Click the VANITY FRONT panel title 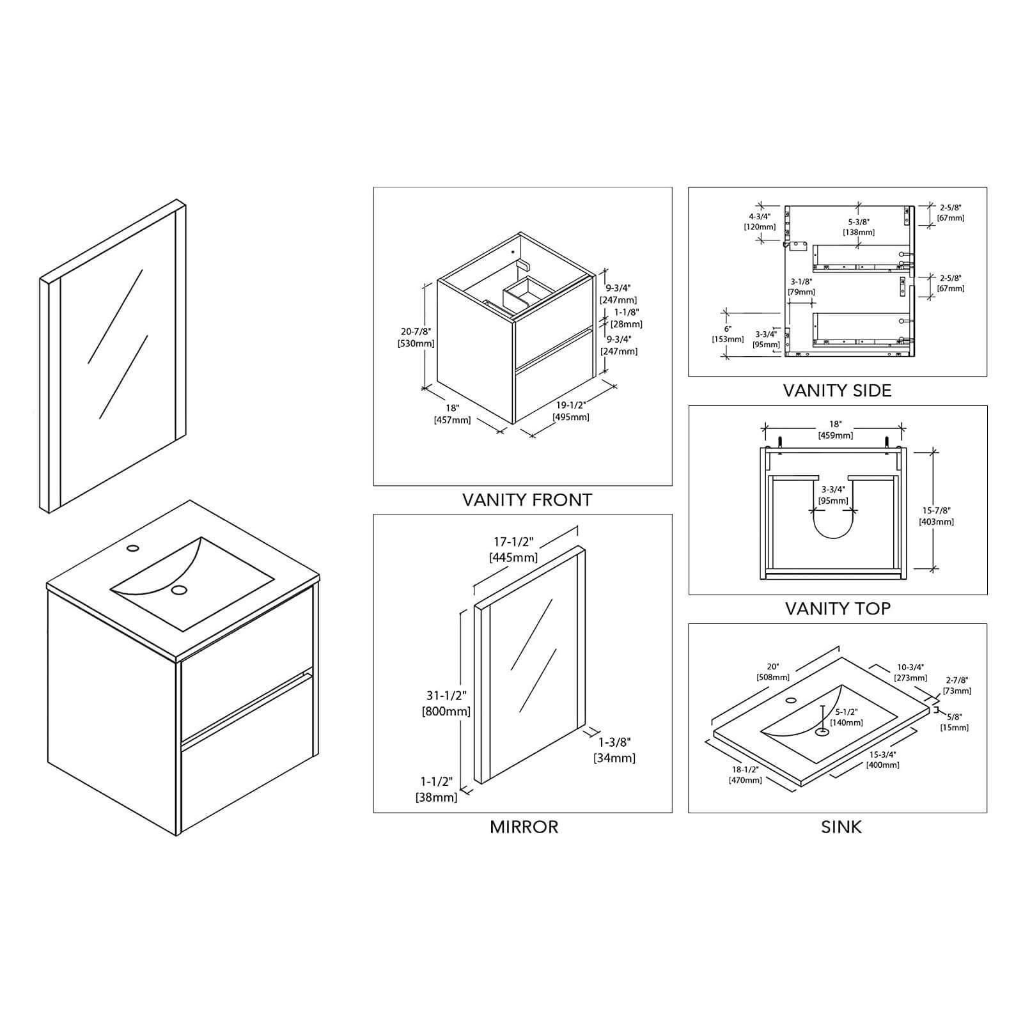(x=527, y=500)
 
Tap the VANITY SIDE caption (x=837, y=391)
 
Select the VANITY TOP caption (x=837, y=609)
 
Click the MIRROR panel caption (x=524, y=827)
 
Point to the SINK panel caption (x=841, y=827)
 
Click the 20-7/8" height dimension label (x=416, y=332)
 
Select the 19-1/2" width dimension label (x=571, y=405)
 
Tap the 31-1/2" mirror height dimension (x=446, y=695)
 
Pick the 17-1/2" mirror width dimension (x=513, y=542)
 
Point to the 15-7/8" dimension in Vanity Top (x=936, y=510)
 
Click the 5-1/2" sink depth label (x=847, y=712)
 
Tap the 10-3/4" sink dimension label (x=910, y=668)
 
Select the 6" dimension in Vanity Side (x=728, y=329)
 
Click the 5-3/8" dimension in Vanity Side (x=859, y=222)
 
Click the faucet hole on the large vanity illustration (x=133, y=548)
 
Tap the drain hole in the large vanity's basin (x=180, y=590)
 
